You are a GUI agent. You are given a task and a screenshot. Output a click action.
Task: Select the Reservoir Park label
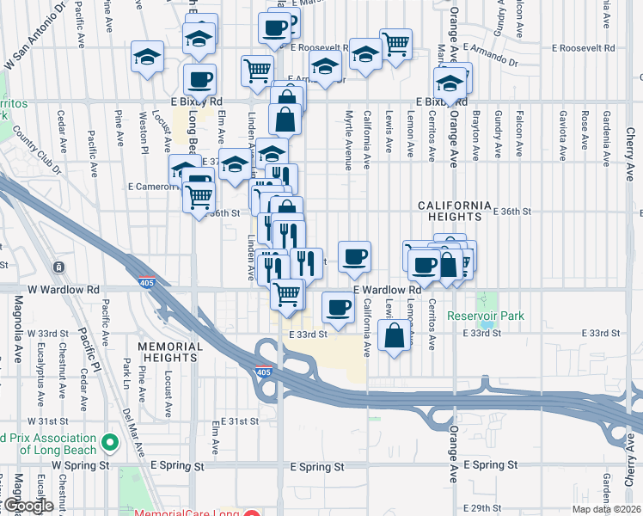pyautogui.click(x=486, y=316)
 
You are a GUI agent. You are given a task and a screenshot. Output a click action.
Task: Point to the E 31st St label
pyautogui.click(x=239, y=421)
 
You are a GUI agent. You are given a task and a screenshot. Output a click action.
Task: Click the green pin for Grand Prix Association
pyautogui.click(x=109, y=443)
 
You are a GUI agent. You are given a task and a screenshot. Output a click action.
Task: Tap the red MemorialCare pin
pyautogui.click(x=251, y=514)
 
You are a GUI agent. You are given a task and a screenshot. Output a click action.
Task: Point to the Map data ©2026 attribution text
pyautogui.click(x=601, y=509)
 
